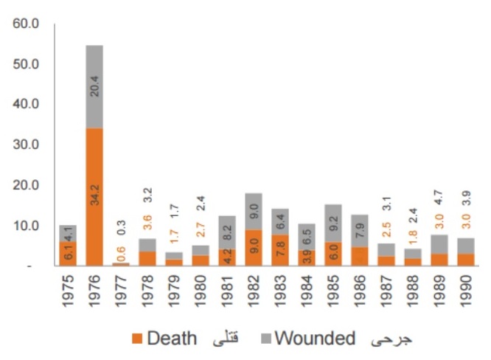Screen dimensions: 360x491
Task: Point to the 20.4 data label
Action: tap(95, 87)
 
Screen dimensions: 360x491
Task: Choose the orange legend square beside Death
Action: tap(136, 339)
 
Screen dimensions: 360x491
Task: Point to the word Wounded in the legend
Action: tap(314, 339)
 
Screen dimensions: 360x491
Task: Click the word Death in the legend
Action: tap(173, 339)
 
